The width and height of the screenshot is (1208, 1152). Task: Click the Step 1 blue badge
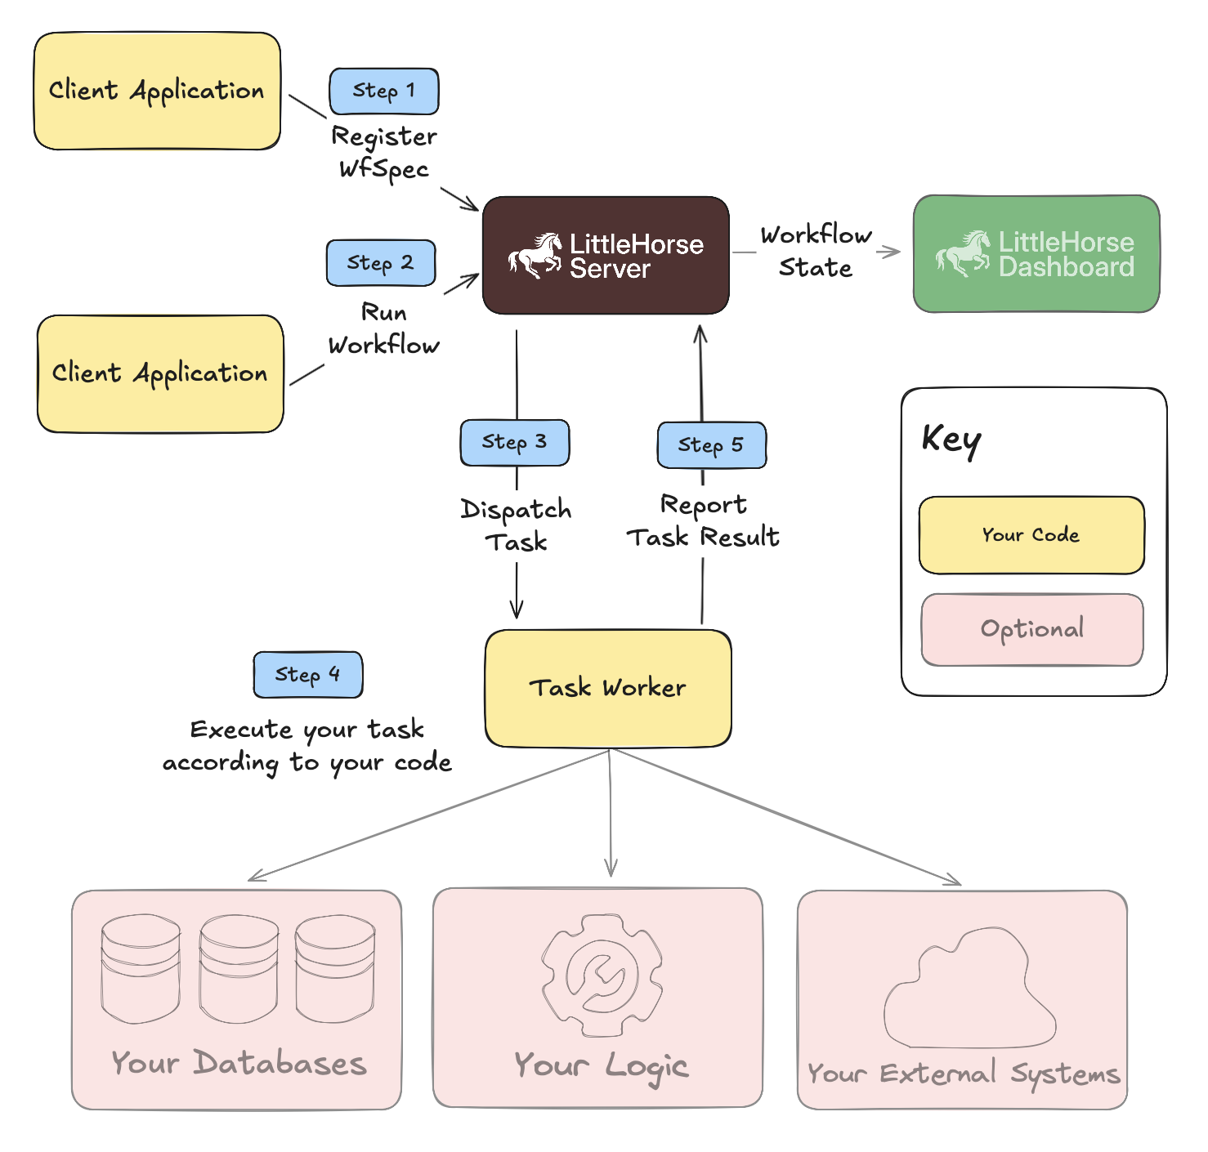tap(384, 91)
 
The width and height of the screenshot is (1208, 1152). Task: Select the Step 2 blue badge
tap(381, 263)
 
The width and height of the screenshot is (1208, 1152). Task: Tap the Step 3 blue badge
tap(515, 443)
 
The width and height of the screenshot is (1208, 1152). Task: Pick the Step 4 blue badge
tap(308, 675)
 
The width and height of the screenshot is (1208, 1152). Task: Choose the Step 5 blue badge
tap(712, 445)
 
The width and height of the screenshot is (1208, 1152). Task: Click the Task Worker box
tap(608, 688)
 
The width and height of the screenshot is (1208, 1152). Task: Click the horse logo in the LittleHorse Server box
tap(535, 255)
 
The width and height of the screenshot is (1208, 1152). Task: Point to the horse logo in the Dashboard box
tap(963, 253)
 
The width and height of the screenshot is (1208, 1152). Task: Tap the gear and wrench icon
tap(602, 976)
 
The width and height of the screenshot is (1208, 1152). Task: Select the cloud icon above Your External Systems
tap(969, 990)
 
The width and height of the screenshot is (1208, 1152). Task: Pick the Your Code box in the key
tap(1031, 535)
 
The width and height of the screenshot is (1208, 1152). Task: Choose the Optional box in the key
tap(1032, 630)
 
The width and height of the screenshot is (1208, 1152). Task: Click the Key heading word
tap(951, 440)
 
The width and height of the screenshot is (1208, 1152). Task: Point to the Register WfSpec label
tap(384, 153)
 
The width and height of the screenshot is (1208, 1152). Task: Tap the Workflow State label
tap(816, 252)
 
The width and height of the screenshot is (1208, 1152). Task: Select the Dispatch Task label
tap(516, 525)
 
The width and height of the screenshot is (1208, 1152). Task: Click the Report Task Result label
tap(703, 521)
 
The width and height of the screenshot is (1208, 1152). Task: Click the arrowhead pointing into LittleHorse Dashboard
tap(893, 252)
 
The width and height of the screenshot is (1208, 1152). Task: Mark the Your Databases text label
tap(239, 1063)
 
